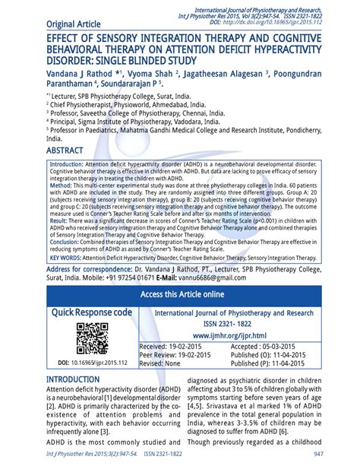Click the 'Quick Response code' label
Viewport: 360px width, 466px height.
(x=91, y=312)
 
